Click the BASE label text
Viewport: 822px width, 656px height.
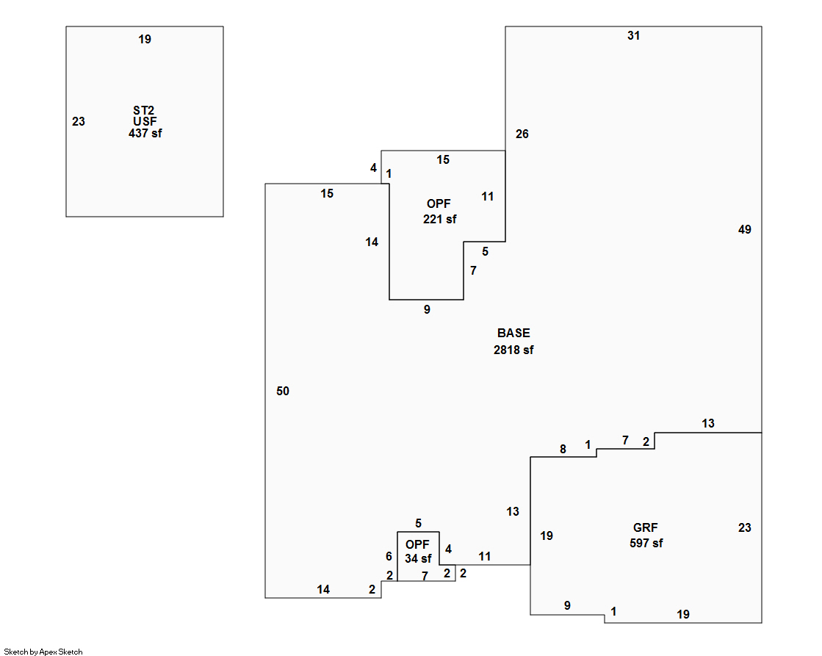tap(513, 334)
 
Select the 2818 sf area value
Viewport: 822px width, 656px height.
tap(513, 350)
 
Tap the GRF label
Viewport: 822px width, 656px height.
tap(646, 527)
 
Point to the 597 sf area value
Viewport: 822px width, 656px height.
tap(646, 544)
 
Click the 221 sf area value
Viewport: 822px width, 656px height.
tap(439, 219)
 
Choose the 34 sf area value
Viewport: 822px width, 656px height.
tap(417, 559)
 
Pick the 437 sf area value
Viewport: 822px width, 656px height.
tap(145, 134)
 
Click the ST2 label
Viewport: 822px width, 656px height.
tap(144, 110)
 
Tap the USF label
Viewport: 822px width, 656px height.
tap(145, 121)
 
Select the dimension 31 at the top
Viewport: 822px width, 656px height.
tap(633, 35)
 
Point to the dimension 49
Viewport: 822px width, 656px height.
tap(744, 230)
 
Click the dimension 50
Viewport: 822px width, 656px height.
tap(283, 392)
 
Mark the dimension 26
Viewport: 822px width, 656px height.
tap(522, 134)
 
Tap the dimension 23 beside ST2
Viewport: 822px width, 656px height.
tap(79, 122)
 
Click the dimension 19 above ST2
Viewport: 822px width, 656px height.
tap(145, 40)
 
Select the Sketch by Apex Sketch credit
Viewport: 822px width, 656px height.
tap(44, 652)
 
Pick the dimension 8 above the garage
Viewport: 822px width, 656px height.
tap(563, 450)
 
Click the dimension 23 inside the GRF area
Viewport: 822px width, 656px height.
tap(744, 527)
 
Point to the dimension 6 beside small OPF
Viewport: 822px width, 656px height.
tap(389, 557)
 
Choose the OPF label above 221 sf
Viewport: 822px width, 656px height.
tap(439, 203)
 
